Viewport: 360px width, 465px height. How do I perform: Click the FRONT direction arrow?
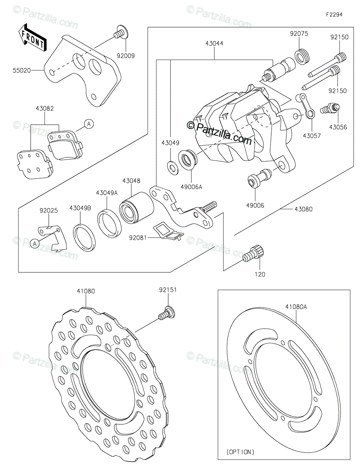click(33, 38)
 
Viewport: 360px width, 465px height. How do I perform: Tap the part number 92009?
click(126, 56)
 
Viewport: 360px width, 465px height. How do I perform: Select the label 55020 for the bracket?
click(22, 70)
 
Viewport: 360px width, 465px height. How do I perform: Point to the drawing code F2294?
click(334, 15)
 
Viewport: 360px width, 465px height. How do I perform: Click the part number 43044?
click(214, 43)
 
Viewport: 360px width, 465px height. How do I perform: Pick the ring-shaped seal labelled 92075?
click(302, 57)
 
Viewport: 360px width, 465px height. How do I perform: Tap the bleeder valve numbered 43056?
click(330, 108)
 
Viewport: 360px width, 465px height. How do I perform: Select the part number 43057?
click(312, 136)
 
